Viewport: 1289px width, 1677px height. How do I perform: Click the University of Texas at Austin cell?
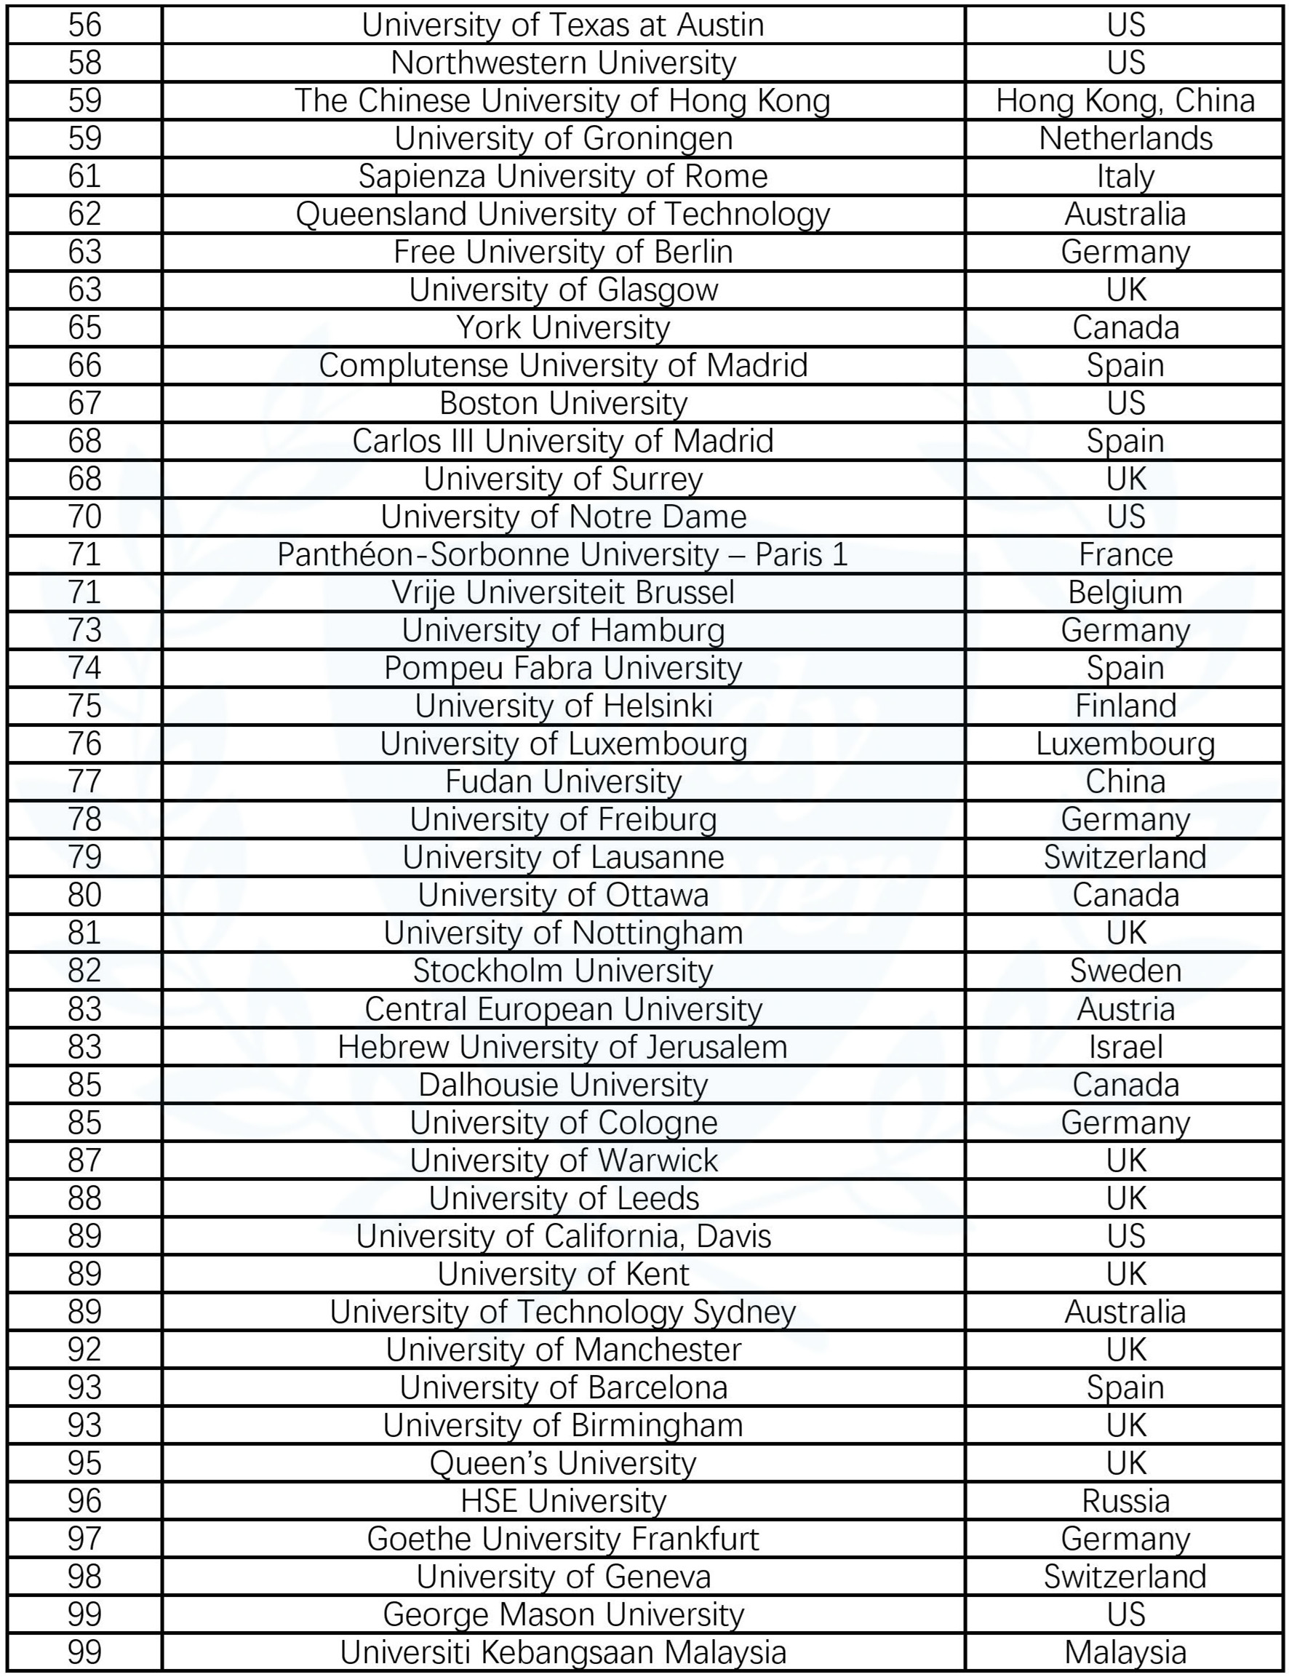tap(562, 25)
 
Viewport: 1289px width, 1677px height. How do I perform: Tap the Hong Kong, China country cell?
tap(1125, 100)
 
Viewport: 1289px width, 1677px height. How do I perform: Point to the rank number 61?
tap(84, 176)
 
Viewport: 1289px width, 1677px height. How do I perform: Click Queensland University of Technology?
tap(562, 214)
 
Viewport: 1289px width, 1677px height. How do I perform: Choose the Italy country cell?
tap(1125, 176)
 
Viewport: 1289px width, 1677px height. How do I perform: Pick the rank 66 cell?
tap(84, 365)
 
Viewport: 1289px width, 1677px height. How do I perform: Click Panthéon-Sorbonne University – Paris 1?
tap(562, 554)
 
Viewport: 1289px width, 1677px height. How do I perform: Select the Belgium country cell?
tap(1125, 592)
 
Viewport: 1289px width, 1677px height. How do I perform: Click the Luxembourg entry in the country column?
tap(1125, 744)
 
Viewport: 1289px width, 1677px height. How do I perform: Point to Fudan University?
tap(562, 781)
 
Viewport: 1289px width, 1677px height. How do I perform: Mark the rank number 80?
tap(84, 895)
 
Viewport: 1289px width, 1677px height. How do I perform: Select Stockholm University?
tap(562, 971)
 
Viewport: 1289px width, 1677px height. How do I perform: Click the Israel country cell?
tap(1125, 1047)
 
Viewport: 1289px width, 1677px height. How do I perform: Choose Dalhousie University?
tap(562, 1086)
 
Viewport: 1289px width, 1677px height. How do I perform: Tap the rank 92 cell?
tap(84, 1350)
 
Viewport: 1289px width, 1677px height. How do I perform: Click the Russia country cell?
tap(1125, 1501)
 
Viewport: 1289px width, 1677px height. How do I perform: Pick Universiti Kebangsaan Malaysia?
tap(562, 1652)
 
